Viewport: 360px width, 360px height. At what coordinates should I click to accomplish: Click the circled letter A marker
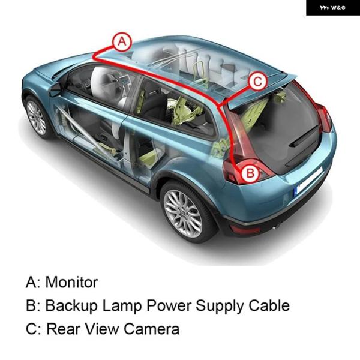122,42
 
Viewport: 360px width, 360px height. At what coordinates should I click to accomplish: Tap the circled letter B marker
250,172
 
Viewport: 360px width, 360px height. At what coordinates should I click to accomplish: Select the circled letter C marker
257,81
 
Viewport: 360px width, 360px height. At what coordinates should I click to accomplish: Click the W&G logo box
333,8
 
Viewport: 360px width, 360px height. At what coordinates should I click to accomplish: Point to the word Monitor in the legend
71,282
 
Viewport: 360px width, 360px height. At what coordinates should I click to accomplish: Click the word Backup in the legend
71,306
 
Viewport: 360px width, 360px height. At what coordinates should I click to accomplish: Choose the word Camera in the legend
152,329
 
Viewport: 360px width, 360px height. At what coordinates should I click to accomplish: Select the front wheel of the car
37,118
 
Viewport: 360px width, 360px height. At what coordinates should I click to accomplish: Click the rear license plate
308,183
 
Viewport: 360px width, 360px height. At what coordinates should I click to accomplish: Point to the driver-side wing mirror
55,89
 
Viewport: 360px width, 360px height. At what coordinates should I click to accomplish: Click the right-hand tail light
324,118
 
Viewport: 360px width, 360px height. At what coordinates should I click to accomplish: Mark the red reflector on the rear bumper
245,229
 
